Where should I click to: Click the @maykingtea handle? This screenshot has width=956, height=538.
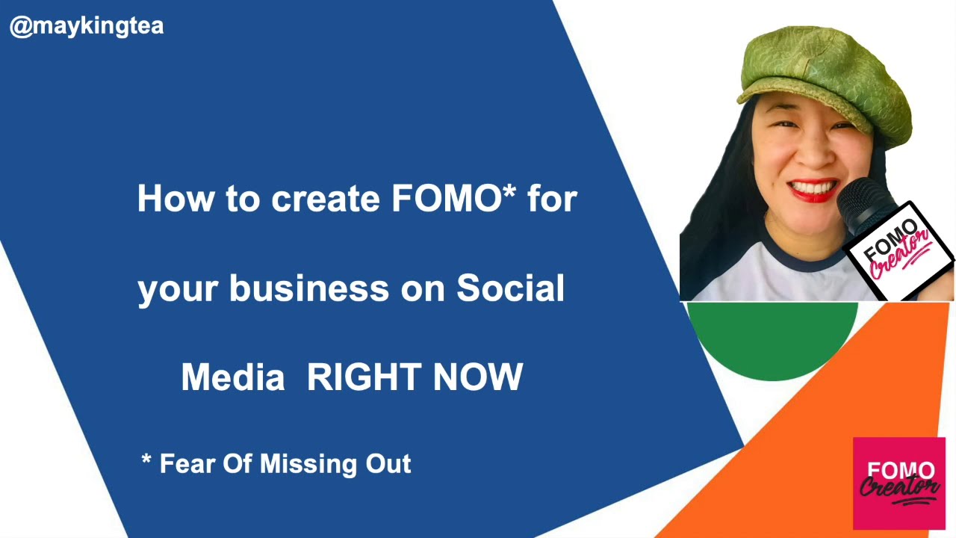(x=87, y=27)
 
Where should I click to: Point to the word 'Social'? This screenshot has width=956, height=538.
(x=510, y=288)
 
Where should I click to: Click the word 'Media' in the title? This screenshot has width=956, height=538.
(x=232, y=377)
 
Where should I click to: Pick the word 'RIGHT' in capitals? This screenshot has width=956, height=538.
(x=364, y=377)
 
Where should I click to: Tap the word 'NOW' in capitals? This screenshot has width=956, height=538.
(x=478, y=377)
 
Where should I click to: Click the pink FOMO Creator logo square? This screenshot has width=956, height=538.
(x=899, y=483)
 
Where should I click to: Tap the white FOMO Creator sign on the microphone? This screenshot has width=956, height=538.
(x=900, y=250)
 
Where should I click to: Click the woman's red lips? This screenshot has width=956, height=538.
(x=814, y=189)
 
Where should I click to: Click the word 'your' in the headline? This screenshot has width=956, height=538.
(x=177, y=288)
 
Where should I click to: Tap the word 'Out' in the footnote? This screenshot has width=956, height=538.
(x=388, y=464)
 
